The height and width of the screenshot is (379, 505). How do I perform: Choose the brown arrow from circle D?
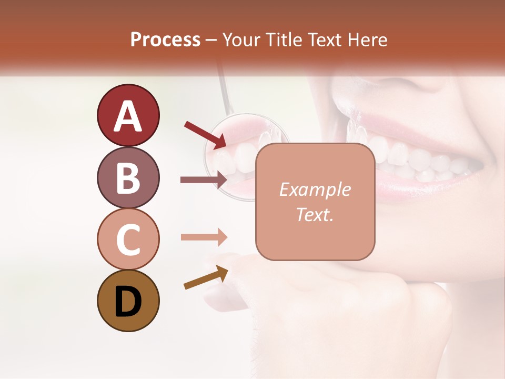coord(206,277)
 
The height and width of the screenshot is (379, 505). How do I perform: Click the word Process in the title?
coord(165,40)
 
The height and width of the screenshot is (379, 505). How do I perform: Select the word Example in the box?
coord(315,189)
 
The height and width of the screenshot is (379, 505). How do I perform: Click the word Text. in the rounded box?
coord(315,215)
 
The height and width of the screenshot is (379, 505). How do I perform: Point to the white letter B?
coord(128,178)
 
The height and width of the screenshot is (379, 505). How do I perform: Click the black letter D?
coord(128,302)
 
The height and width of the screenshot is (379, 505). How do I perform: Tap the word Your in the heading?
coord(240,40)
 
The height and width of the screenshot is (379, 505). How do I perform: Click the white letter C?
coord(128,240)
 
